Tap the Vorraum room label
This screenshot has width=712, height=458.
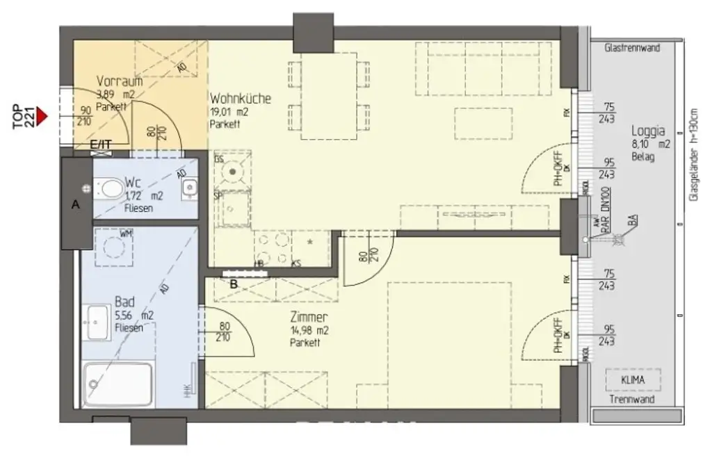point(119,81)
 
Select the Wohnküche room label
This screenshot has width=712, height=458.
point(239,99)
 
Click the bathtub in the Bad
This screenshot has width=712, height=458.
point(117,385)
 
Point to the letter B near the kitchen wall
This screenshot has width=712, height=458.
point(234,283)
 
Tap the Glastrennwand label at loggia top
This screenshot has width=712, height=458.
point(631,49)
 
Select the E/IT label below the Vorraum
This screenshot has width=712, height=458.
point(101,144)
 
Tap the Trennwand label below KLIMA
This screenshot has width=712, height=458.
point(631,400)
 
